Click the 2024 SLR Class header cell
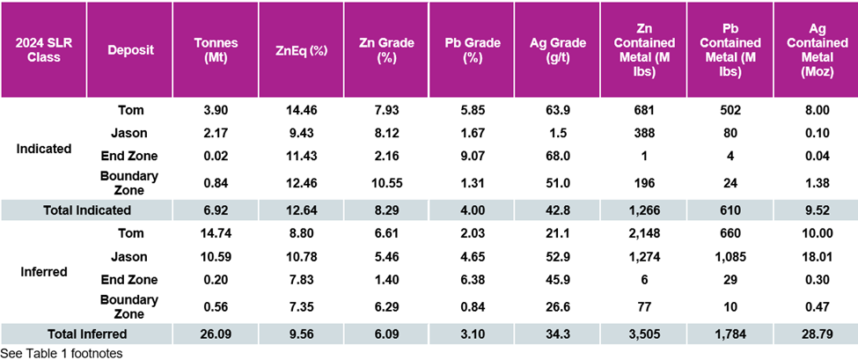43,50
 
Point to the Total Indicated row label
87,210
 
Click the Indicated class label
43,149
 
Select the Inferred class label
43,272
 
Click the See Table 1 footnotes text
61,352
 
